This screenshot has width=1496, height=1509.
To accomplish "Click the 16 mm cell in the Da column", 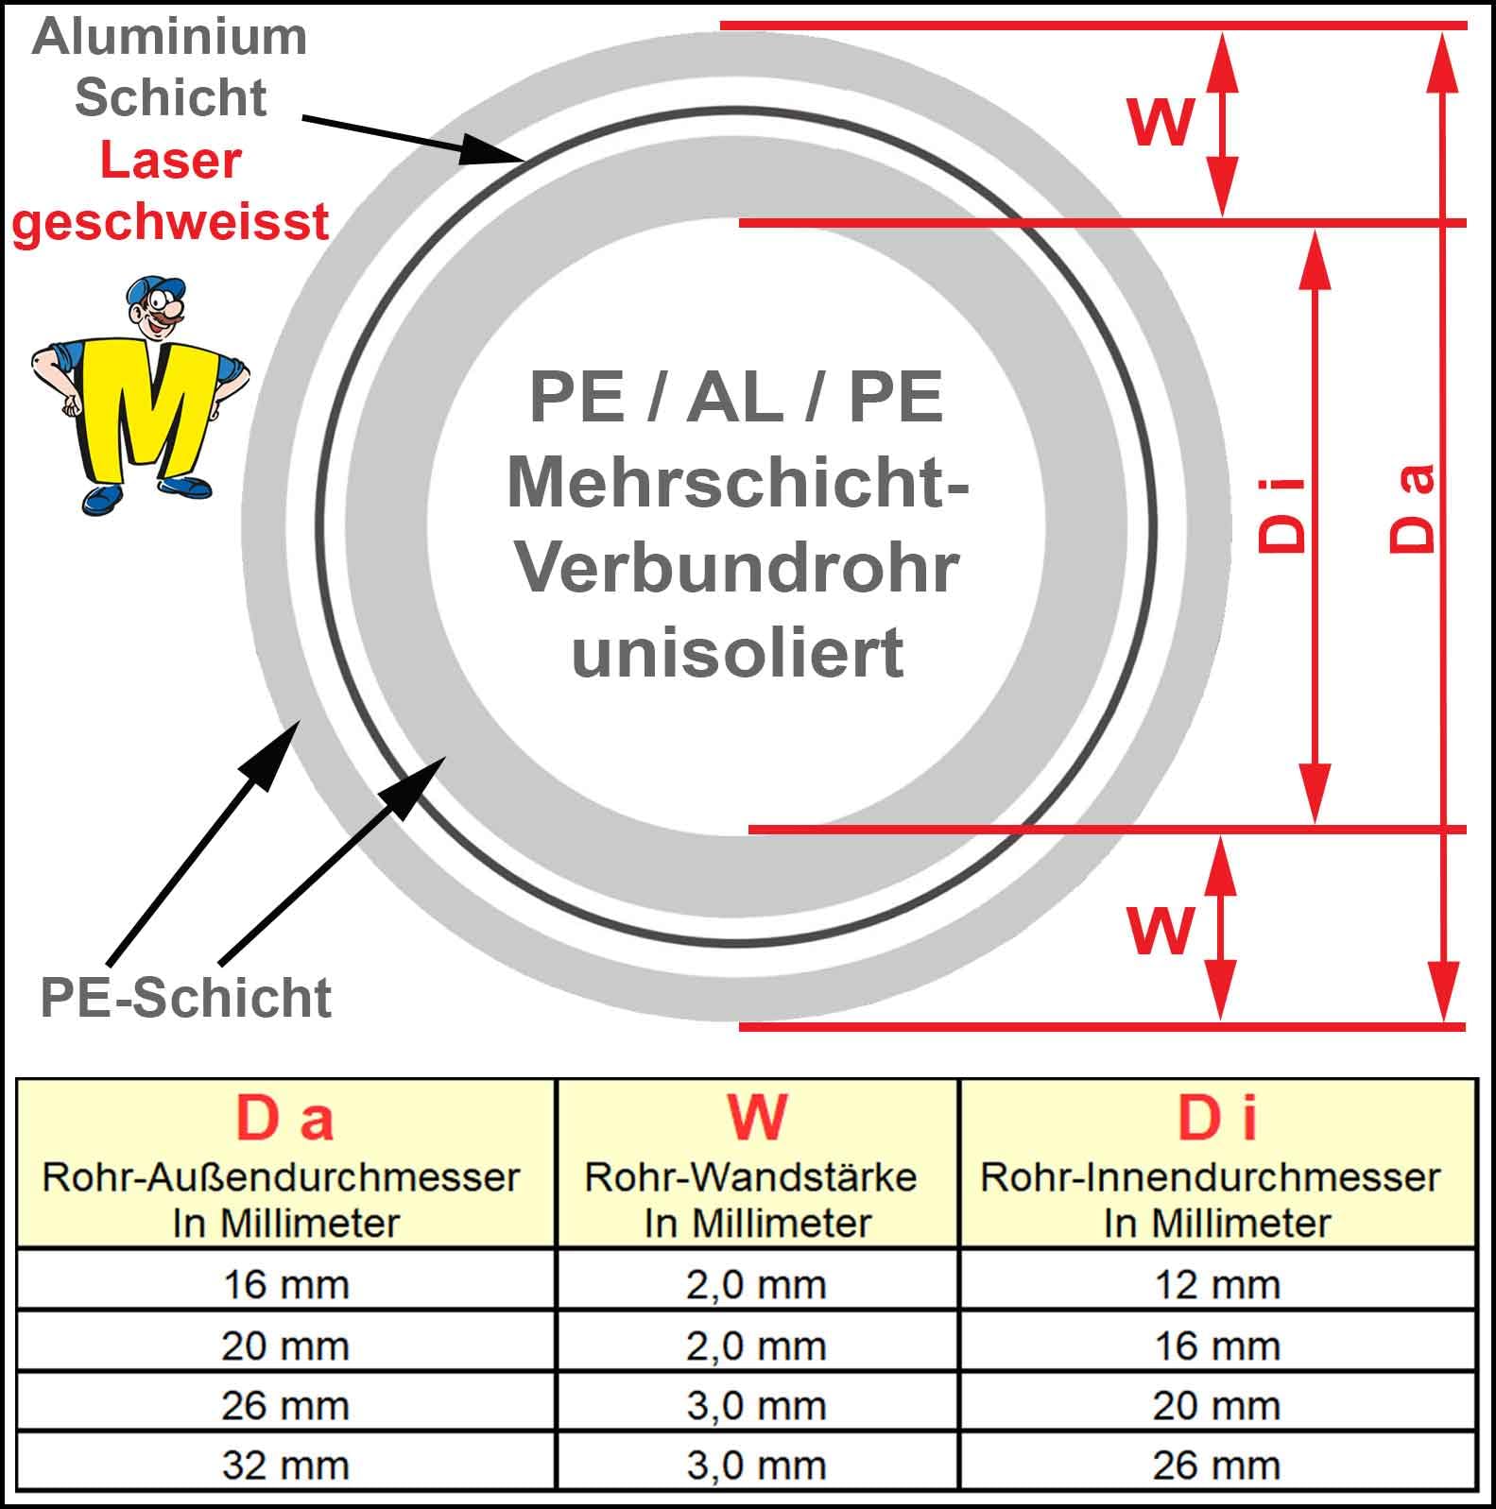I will point(285,1284).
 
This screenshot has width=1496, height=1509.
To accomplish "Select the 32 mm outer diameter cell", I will point(285,1466).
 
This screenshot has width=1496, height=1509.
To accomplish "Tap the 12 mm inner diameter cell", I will point(1217,1284).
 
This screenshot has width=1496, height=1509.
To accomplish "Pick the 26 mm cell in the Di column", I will point(1217,1466).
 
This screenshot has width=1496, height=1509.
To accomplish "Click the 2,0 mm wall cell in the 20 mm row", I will point(756,1346).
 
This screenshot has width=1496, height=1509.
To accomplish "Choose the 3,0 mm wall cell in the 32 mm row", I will point(756,1466).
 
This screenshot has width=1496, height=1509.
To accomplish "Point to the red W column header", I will point(757,1118).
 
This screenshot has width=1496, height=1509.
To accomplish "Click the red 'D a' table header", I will point(284,1118).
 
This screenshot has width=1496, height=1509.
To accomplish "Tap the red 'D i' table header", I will point(1217,1118).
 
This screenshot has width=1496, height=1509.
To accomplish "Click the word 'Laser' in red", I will point(170,161).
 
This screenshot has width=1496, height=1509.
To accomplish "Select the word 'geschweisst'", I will point(170,222).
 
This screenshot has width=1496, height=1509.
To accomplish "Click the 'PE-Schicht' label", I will point(186,998).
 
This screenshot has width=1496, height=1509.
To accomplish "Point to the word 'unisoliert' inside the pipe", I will point(737,652).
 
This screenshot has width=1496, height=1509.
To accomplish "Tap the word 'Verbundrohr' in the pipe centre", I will point(737,568).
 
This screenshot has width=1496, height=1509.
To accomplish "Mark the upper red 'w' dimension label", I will point(1161,120).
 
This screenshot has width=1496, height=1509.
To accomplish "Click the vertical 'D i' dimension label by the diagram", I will point(1282,515).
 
